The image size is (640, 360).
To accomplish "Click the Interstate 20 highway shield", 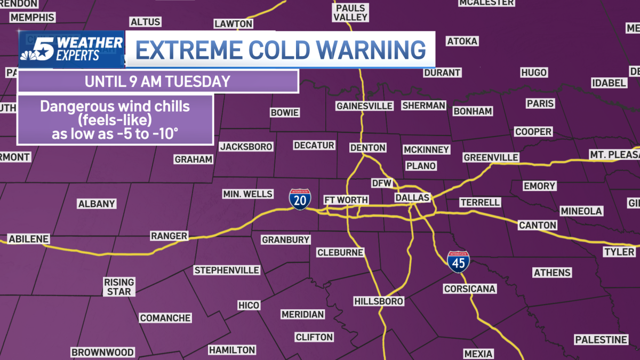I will tap(298, 199).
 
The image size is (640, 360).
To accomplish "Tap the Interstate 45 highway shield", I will tap(458, 262).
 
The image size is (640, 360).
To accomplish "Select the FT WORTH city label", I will tap(346, 200).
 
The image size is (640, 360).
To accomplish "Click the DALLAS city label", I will tap(412, 198).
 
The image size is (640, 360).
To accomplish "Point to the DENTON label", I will tap(367, 148).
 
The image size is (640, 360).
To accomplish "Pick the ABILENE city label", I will tap(29, 239).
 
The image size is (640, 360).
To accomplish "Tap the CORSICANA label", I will tap(470, 289).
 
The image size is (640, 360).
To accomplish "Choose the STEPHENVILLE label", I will tap(227, 270).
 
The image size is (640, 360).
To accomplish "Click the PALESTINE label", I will tap(601, 340).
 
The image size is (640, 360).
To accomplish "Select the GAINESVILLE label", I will tap(364, 106).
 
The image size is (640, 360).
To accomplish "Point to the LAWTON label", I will tap(233, 24).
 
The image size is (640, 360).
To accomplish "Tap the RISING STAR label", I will tap(119, 286).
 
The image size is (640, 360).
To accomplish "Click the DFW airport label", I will tap(381, 183).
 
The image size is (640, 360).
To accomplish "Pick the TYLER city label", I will tap(619, 252).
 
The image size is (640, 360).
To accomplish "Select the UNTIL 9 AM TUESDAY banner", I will tap(157, 82).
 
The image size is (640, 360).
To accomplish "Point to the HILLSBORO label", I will tap(379, 301).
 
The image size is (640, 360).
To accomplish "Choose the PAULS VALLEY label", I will tap(350, 13).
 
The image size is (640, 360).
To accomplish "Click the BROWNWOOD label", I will tap(102, 353).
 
